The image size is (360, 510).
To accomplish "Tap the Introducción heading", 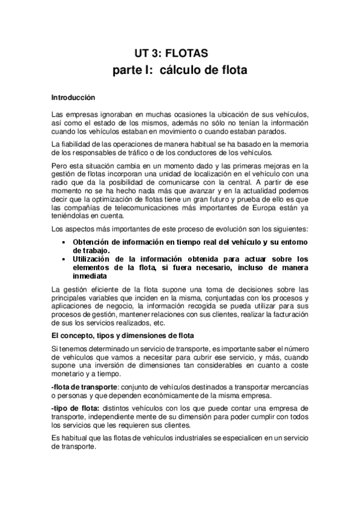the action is [x=73, y=96].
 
